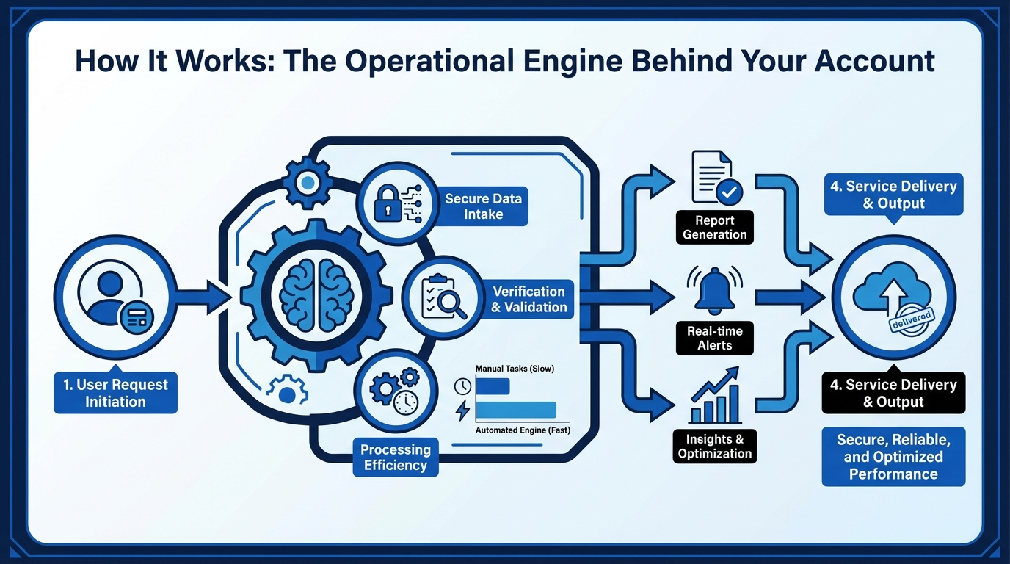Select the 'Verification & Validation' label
point(528,300)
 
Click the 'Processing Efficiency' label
point(395,457)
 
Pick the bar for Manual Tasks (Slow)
point(493,386)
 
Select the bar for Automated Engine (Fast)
point(515,410)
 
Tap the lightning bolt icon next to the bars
point(462,410)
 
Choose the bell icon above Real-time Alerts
point(715,289)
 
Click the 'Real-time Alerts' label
point(715,338)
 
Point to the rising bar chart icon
point(715,397)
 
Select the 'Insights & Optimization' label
point(715,446)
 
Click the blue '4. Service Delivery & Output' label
point(893,195)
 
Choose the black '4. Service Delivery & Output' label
point(893,393)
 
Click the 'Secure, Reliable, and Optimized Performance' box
point(893,457)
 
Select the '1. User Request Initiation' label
point(115,393)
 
